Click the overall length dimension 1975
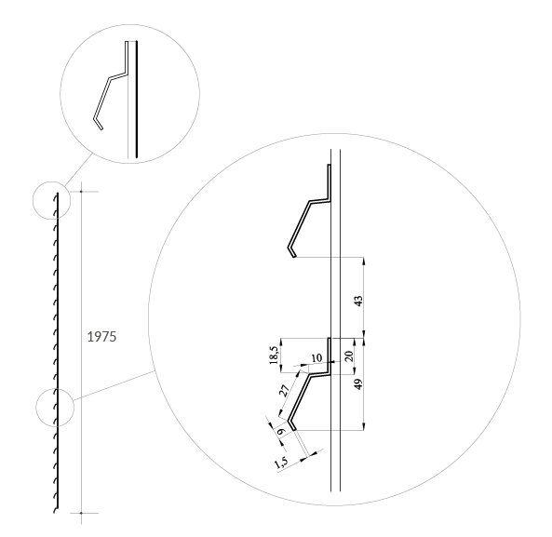tap(101, 337)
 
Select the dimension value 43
tap(358, 301)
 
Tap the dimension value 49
tap(358, 384)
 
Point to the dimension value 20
tap(348, 356)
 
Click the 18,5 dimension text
tap(275, 355)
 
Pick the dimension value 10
tap(316, 358)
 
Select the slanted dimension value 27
tap(284, 390)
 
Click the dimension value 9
tap(280, 432)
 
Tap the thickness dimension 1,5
tap(282, 462)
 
